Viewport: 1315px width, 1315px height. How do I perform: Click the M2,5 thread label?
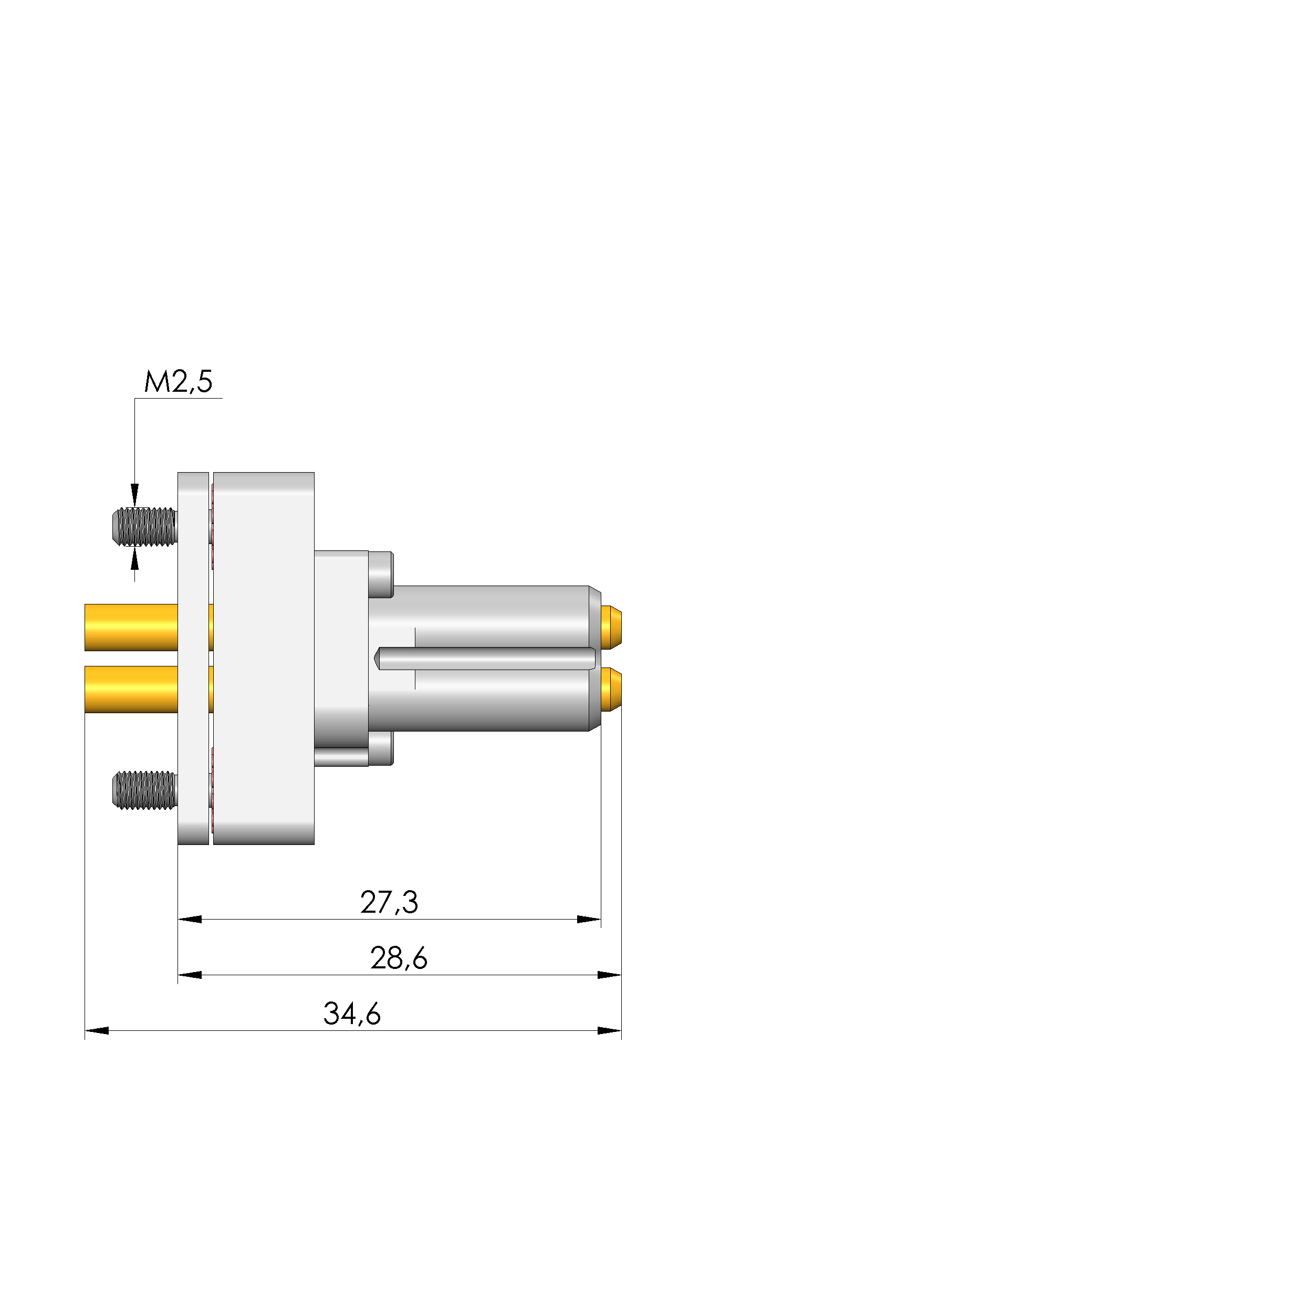pos(179,382)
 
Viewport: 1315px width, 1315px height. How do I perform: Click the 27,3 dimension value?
pos(389,903)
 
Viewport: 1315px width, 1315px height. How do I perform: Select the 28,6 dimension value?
pos(399,958)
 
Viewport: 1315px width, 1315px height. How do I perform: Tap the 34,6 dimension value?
pos(352,1014)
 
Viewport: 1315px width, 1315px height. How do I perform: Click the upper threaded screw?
pos(144,527)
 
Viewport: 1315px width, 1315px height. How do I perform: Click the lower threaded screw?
pos(144,790)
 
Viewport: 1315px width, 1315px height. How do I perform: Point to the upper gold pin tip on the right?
pos(611,627)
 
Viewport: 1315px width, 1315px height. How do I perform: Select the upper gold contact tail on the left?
pos(131,628)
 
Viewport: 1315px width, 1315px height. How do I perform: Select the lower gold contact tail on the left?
pos(131,689)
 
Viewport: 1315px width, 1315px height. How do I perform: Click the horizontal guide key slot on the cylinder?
pos(485,658)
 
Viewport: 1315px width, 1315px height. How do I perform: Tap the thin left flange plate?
pos(193,658)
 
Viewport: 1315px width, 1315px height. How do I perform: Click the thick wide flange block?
pos(264,658)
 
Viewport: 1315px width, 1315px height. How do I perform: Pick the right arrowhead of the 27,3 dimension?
pos(589,920)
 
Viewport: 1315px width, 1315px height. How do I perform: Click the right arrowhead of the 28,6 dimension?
pos(609,975)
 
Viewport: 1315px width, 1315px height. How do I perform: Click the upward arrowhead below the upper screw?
pos(135,560)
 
